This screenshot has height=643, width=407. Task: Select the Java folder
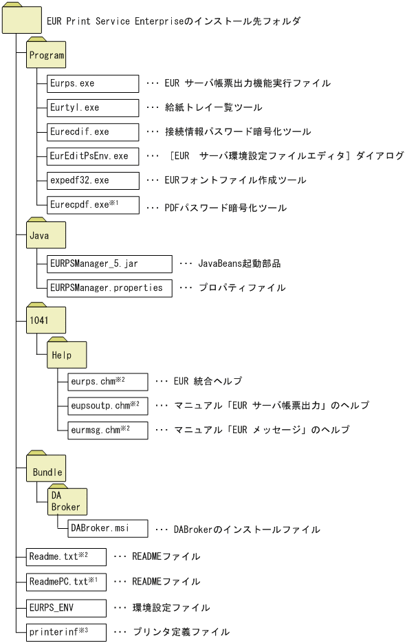(x=46, y=235)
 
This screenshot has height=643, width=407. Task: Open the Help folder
(x=67, y=354)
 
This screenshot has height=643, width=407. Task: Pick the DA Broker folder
(x=67, y=501)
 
